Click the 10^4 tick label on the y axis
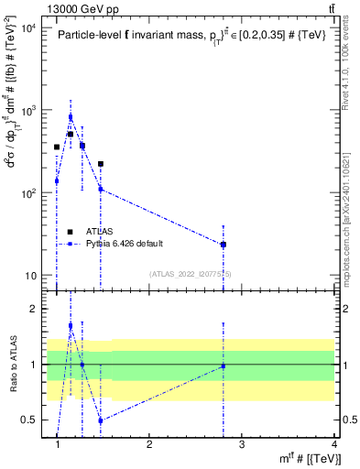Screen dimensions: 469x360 (x=28, y=27)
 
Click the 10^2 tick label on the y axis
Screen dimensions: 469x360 (x=28, y=193)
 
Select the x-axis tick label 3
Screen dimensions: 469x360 (x=242, y=445)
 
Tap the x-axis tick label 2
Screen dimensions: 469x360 (x=149, y=445)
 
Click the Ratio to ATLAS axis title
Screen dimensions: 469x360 (x=12, y=365)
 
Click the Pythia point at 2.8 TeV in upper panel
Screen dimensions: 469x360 (x=224, y=245)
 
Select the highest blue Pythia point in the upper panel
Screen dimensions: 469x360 (x=71, y=117)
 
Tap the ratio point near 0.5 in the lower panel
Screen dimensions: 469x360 (x=101, y=420)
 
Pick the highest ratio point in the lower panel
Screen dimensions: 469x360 (x=71, y=325)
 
